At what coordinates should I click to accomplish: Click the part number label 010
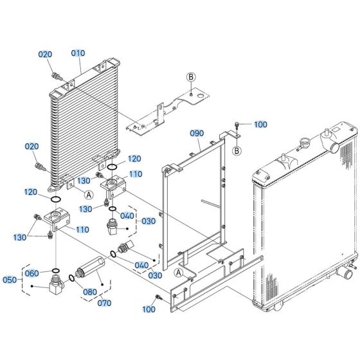click(x=78, y=53)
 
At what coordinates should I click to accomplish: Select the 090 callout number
click(x=197, y=134)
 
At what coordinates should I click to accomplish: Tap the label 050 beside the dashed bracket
click(x=10, y=280)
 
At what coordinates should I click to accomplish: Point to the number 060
click(x=32, y=273)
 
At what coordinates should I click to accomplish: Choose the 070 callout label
click(x=104, y=303)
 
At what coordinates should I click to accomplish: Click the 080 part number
click(x=90, y=292)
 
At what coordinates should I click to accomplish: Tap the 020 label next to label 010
click(x=45, y=55)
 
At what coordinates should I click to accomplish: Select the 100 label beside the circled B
click(x=260, y=125)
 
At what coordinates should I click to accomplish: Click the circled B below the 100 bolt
click(x=237, y=151)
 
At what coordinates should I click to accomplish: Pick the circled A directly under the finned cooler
click(x=89, y=195)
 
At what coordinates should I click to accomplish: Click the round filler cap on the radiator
click(x=305, y=141)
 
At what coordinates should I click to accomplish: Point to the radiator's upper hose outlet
click(x=335, y=147)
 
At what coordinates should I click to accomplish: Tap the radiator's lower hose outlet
click(x=345, y=273)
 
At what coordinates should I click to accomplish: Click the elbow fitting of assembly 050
click(x=56, y=285)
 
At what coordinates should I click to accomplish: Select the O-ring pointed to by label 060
click(x=56, y=270)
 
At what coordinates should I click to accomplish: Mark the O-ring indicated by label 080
click(x=71, y=278)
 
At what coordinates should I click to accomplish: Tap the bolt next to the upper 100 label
click(x=237, y=125)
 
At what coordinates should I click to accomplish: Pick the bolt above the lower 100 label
click(x=159, y=297)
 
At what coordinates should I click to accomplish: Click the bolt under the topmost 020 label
click(x=57, y=76)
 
